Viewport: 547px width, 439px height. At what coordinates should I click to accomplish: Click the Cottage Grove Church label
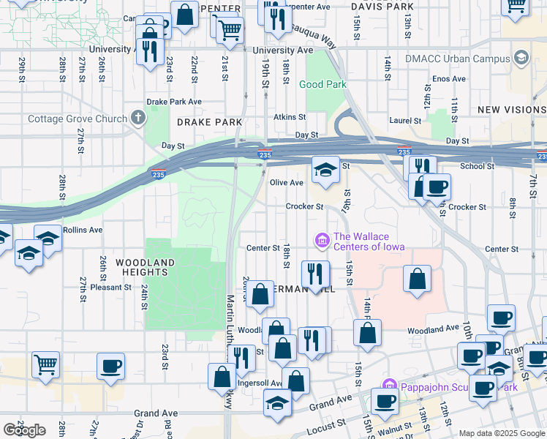tap(77, 119)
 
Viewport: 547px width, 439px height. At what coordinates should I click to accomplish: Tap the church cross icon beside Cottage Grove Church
tap(137, 118)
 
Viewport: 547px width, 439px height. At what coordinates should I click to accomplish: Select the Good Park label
tap(322, 85)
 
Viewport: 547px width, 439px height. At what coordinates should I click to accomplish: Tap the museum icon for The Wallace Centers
tap(321, 239)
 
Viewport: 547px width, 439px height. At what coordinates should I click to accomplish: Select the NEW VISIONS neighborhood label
tap(511, 110)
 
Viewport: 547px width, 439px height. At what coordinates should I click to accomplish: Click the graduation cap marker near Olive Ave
tap(325, 170)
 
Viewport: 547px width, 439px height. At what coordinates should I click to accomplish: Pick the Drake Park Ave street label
tap(174, 102)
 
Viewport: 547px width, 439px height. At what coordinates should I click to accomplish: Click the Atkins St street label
tap(290, 117)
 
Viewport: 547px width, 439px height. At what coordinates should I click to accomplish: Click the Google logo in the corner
tap(24, 430)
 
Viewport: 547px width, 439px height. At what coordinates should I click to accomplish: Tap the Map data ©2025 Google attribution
tap(501, 433)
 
